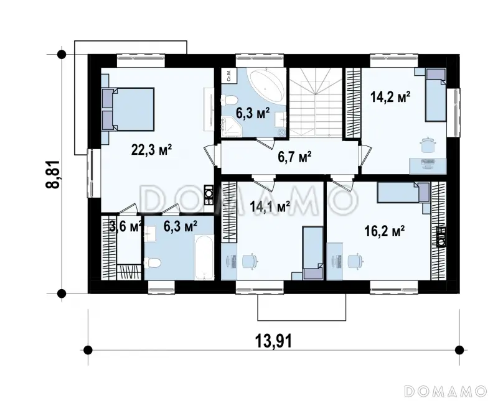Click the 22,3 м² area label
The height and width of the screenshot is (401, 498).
click(152, 149)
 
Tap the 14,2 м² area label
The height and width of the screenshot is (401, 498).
click(391, 97)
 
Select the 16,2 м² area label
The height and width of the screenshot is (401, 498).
click(384, 231)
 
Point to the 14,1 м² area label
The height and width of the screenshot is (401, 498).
click(270, 206)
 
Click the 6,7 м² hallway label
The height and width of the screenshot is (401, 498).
click(294, 157)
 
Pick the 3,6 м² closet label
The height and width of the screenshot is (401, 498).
click(125, 226)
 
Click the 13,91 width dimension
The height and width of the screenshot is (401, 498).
click(273, 342)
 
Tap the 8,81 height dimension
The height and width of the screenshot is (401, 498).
click(53, 175)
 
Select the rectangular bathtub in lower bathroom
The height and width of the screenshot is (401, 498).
click(204, 257)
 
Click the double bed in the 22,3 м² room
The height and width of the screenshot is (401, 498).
click(128, 109)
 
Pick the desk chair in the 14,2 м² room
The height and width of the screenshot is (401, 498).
click(427, 145)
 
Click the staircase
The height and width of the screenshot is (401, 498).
click(316, 102)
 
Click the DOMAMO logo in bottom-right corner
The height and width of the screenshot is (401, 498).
click(445, 391)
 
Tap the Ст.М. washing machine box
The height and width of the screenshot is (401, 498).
click(229, 75)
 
